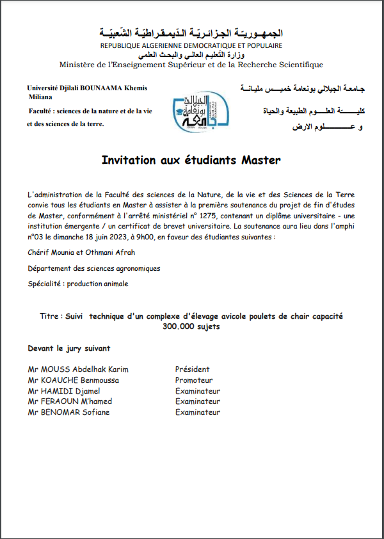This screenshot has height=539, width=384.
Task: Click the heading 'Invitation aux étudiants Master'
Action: pyautogui.click(x=191, y=160)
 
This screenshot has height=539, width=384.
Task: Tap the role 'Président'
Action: pyautogui.click(x=193, y=369)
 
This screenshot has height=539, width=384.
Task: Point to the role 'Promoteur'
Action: pyautogui.click(x=195, y=380)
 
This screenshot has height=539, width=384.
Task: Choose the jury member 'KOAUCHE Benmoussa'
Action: pyautogui.click(x=73, y=380)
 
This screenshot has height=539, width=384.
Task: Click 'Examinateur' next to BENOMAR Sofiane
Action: pyautogui.click(x=198, y=412)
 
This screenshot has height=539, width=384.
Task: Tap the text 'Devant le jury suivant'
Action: pyautogui.click(x=69, y=348)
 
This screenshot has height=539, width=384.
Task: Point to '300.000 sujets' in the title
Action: pyautogui.click(x=191, y=326)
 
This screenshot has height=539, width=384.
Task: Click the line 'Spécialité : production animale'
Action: pyautogui.click(x=78, y=284)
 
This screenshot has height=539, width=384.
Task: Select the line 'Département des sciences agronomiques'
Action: pyautogui.click(x=94, y=268)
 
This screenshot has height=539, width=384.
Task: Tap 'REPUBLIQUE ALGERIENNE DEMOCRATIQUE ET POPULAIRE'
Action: pyautogui.click(x=191, y=46)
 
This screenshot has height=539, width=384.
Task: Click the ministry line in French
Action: pyautogui.click(x=191, y=64)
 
